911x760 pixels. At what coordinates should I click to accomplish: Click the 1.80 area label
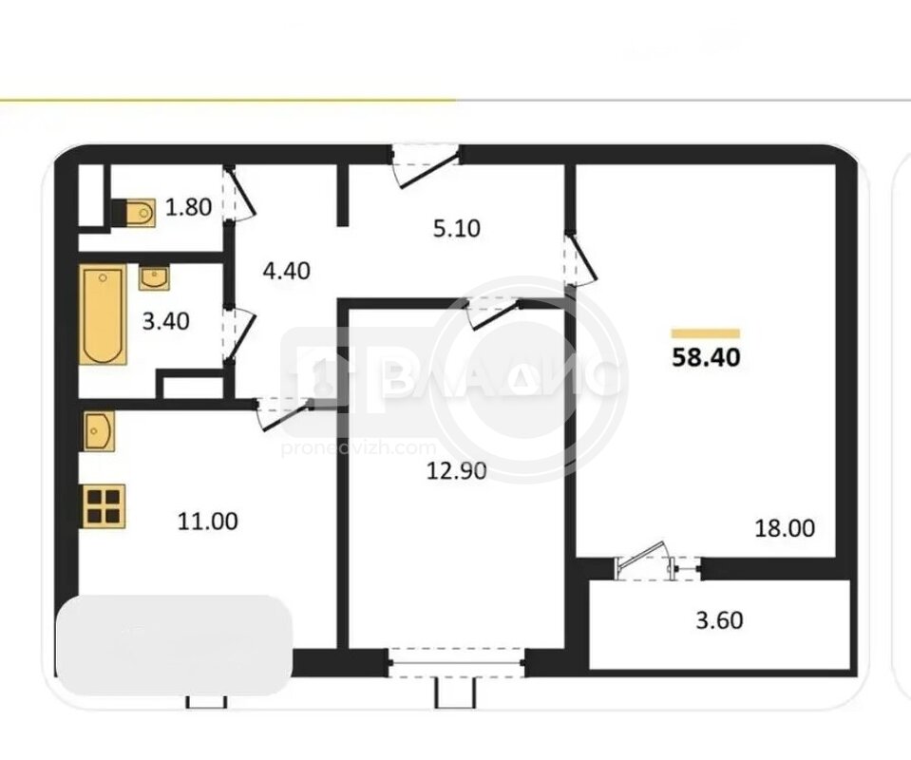(188, 207)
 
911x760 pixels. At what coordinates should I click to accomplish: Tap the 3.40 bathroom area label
(166, 321)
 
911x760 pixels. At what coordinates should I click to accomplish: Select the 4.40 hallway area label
(287, 272)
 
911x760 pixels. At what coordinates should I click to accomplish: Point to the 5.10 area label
(457, 228)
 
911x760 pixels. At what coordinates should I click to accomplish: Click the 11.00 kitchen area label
(207, 522)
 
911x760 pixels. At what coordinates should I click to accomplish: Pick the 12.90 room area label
(457, 471)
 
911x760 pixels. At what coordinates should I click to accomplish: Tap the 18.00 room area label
(785, 528)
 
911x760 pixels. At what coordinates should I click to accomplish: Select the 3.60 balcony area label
(719, 620)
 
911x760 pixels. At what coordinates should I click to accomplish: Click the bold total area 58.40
(706, 357)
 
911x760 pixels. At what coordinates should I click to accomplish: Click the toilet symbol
(134, 213)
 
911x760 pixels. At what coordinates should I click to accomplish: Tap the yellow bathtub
(104, 314)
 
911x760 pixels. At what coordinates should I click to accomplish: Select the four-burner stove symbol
(104, 506)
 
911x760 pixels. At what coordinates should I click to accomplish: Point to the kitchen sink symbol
(99, 431)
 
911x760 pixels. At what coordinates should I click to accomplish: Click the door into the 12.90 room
(494, 313)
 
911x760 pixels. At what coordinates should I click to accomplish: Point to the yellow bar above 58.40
(705, 333)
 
